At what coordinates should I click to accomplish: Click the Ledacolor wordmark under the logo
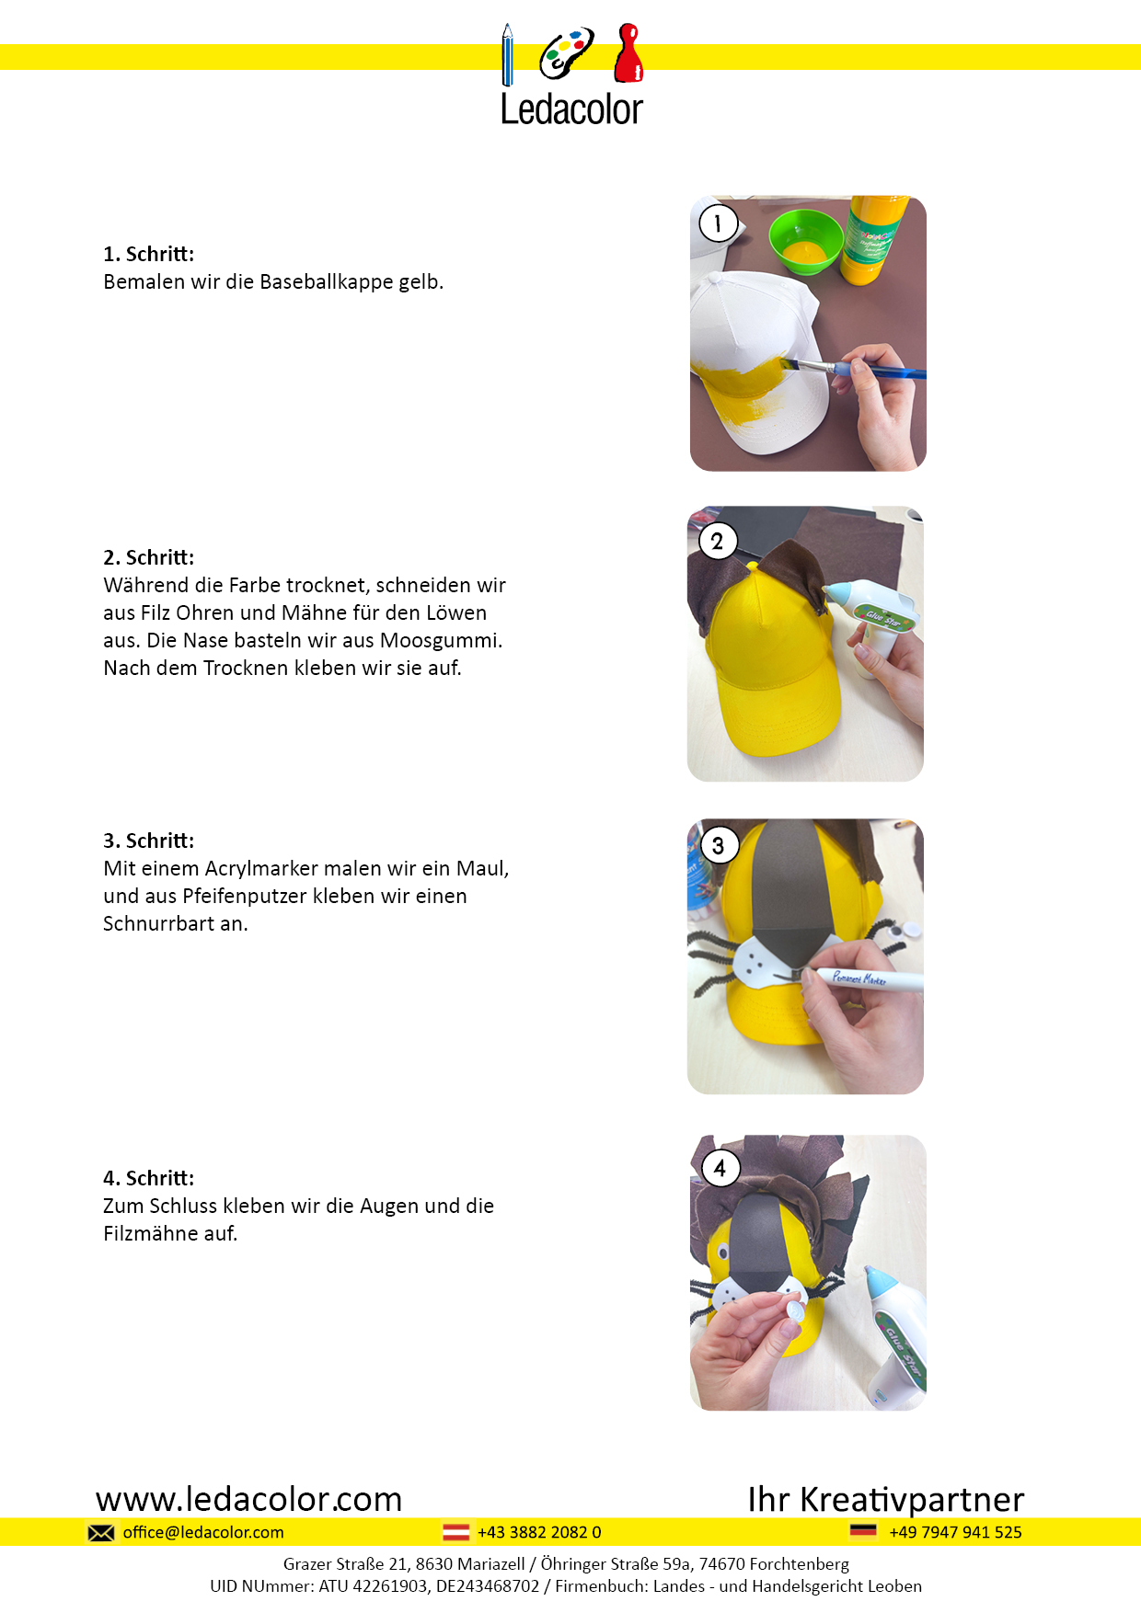pos(571,109)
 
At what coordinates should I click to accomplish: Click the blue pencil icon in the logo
pos(507,55)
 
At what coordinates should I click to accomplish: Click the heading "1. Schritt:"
pos(149,254)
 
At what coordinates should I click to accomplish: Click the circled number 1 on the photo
pos(718,223)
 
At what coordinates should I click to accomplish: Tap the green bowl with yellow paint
pos(805,240)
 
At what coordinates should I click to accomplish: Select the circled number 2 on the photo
pos(718,541)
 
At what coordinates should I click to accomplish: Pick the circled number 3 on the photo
pos(719,845)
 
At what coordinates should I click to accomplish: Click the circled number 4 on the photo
pos(720,1168)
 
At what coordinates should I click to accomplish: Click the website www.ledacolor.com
pos(249,1499)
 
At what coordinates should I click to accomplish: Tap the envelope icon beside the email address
pos(101,1532)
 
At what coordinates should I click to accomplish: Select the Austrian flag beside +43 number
pos(456,1532)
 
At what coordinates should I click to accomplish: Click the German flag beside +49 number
pos(863,1531)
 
